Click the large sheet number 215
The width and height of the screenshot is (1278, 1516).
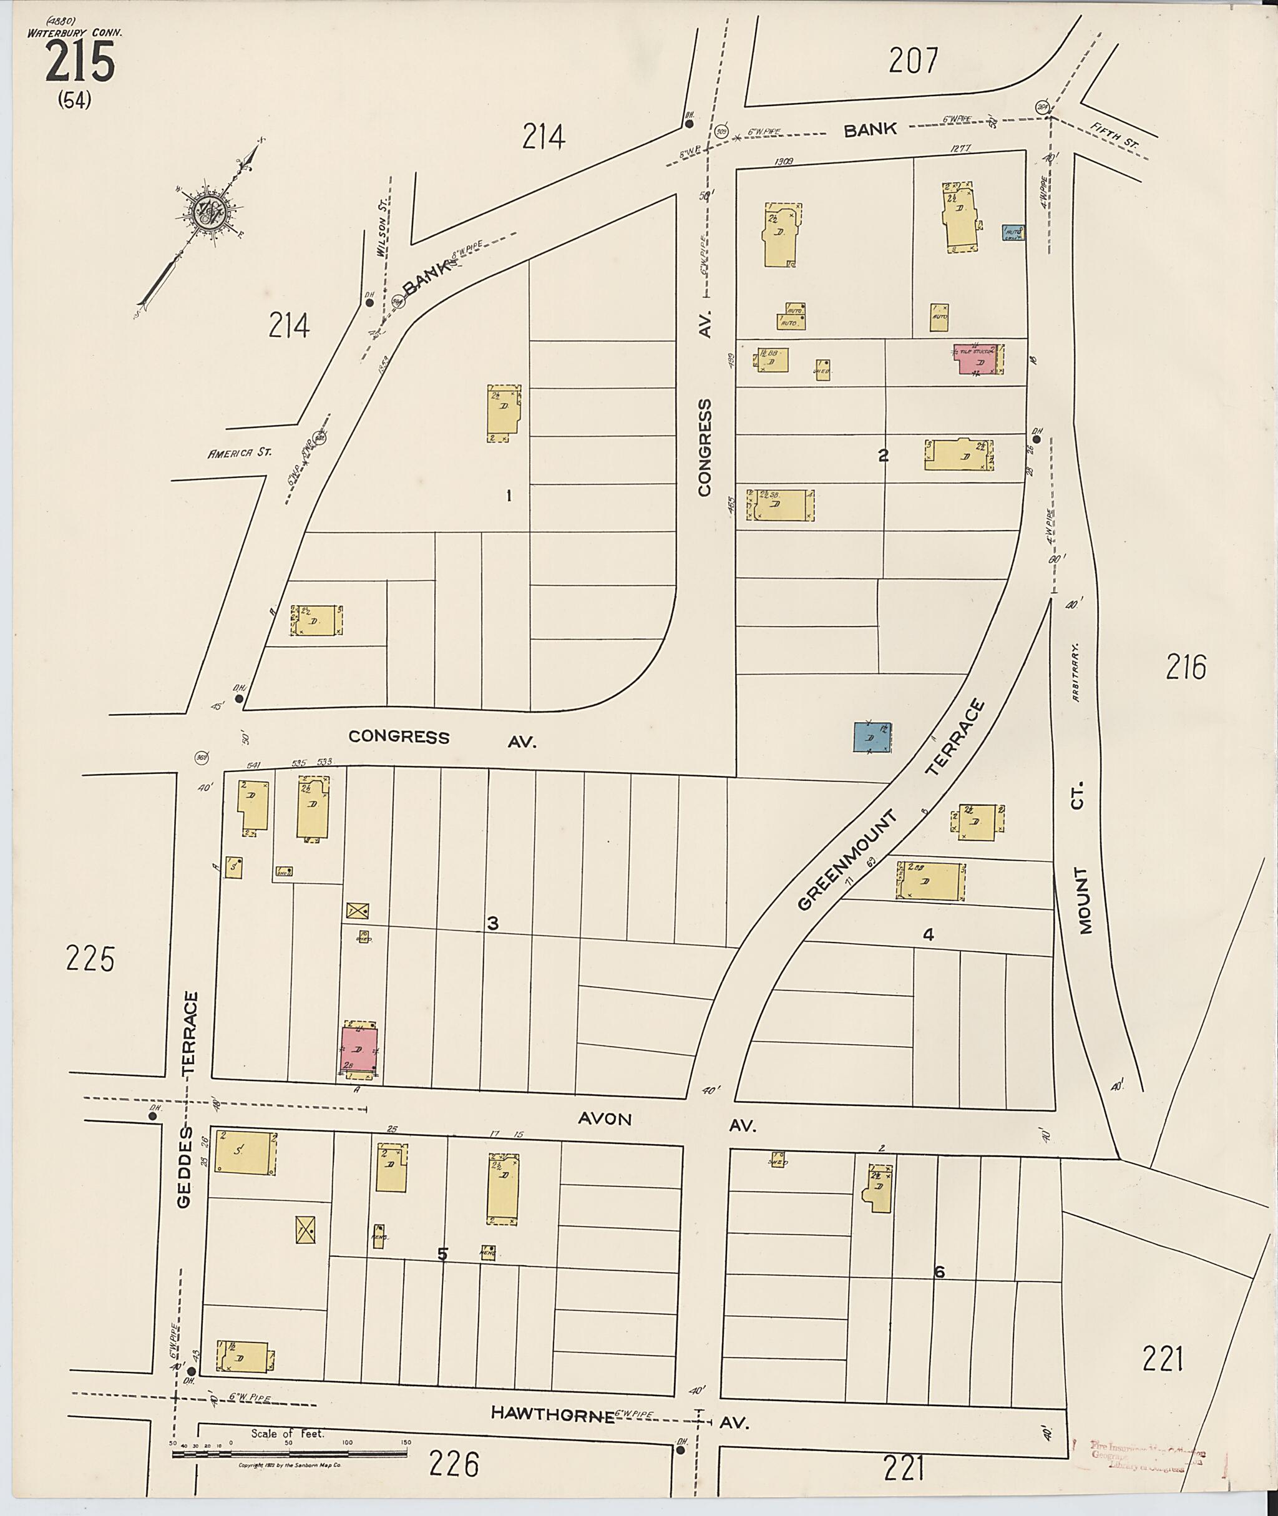point(80,62)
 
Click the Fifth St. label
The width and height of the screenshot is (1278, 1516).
point(1115,139)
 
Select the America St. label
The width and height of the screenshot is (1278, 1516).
point(239,452)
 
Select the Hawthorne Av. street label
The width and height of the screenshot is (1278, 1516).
point(620,1414)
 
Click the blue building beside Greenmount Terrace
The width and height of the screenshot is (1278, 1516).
point(872,737)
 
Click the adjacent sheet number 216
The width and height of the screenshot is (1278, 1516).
point(1186,667)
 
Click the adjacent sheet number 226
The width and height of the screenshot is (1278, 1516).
point(454,1465)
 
